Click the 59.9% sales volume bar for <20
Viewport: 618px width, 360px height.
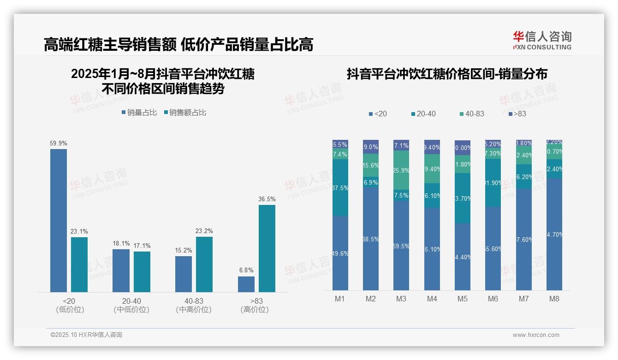tap(59, 220)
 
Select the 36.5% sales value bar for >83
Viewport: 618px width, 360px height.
tap(267, 248)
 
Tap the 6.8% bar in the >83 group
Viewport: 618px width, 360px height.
tap(246, 284)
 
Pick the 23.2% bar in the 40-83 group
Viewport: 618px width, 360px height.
tap(204, 264)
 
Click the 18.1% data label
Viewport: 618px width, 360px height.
tap(121, 243)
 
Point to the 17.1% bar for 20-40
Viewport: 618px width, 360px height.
tap(142, 272)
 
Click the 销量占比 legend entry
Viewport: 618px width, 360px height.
tap(139, 113)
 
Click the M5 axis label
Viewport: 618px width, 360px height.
tap(463, 299)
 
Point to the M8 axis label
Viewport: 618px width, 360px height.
tap(554, 299)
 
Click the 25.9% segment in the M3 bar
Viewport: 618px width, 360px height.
tap(401, 170)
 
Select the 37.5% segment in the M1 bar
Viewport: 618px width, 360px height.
tap(340, 188)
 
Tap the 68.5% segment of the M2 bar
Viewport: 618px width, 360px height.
tap(371, 239)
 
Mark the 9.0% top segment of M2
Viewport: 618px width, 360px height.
tap(371, 147)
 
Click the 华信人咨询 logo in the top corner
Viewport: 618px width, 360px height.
tap(542, 40)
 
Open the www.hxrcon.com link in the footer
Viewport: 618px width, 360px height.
tap(536, 335)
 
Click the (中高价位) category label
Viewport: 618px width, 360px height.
tap(194, 310)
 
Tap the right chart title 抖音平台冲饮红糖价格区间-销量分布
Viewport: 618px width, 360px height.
tap(447, 74)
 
